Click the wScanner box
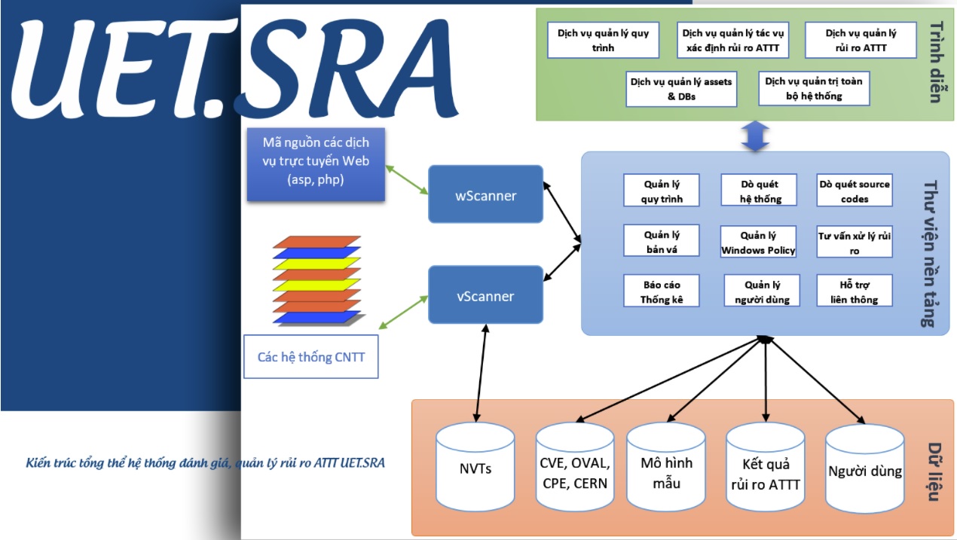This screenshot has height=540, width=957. click(485, 194)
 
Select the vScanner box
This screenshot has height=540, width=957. click(485, 295)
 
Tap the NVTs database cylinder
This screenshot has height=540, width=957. click(475, 468)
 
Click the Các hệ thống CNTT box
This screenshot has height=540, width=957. click(310, 356)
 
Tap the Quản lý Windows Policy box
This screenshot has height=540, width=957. click(758, 243)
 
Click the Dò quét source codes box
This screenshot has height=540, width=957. click(855, 191)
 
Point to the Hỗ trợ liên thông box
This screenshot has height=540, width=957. click(855, 291)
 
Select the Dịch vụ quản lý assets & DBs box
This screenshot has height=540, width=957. click(681, 89)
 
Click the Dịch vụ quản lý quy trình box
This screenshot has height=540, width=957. click(603, 41)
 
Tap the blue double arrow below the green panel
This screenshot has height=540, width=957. click(755, 136)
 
